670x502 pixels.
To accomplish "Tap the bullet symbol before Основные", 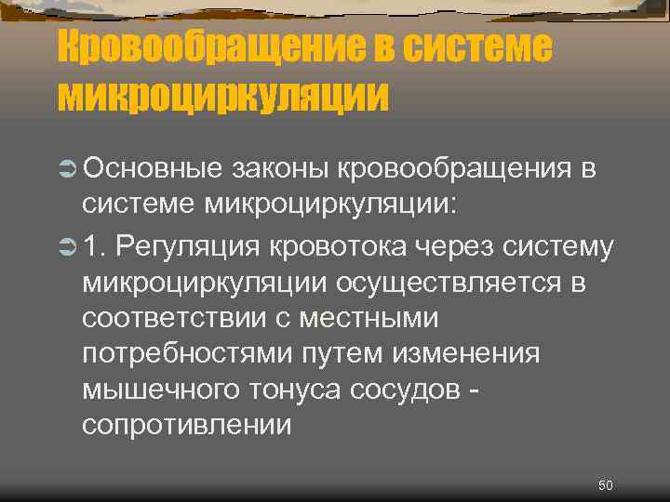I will [67, 169].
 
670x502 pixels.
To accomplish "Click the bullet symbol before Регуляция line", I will [67, 246].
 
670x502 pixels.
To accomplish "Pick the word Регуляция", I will [189, 246].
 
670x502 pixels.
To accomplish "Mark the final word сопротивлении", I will [186, 427].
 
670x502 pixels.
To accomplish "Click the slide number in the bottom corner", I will [605, 485].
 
